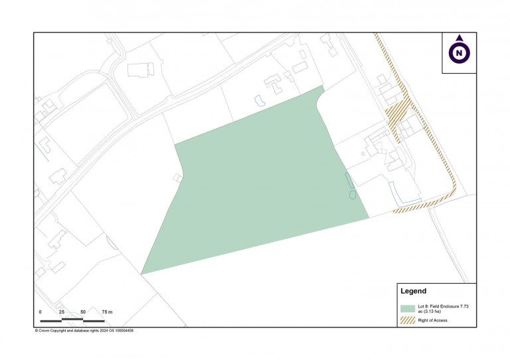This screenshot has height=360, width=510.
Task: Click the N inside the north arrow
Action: (459, 52)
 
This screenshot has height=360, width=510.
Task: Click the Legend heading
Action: (413, 291)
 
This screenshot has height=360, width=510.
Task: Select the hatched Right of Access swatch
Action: (407, 321)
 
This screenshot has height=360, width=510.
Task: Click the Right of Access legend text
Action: (433, 321)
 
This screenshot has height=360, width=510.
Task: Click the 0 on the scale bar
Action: (40, 312)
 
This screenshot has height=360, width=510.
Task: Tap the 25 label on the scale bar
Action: (62, 312)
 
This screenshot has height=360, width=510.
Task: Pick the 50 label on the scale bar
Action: (83, 312)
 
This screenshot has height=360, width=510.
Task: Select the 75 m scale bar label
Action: (107, 312)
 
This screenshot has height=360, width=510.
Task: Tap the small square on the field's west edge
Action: (177, 178)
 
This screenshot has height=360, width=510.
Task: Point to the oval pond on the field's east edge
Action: (353, 195)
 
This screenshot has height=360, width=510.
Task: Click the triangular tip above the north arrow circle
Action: (459, 38)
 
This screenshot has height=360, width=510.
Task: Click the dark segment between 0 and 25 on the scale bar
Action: (51, 320)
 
